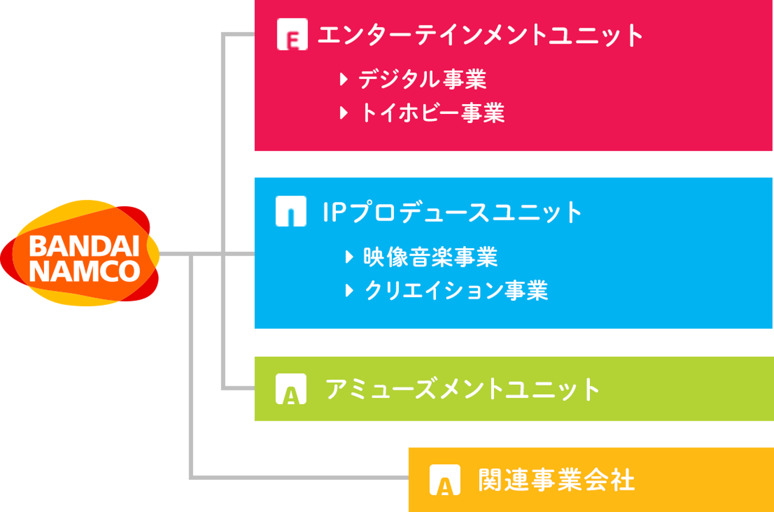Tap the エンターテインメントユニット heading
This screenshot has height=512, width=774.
point(480,35)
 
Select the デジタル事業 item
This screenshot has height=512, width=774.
point(422,80)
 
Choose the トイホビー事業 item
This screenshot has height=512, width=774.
point(432,113)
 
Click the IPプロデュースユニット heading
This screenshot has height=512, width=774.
point(451,212)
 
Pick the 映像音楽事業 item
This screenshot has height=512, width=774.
point(430,257)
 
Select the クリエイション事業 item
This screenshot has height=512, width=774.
point(456,291)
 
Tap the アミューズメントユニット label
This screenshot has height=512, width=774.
point(462,390)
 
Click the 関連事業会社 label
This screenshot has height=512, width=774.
point(556,480)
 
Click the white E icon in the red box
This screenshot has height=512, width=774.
point(292,34)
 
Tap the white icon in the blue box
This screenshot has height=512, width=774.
point(291,211)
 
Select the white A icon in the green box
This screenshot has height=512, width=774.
point(291,389)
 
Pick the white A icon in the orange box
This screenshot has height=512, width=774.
point(445,480)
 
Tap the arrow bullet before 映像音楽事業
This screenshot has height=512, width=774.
point(349,257)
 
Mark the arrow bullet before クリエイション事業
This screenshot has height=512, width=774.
point(349,291)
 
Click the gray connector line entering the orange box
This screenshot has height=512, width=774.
point(301,477)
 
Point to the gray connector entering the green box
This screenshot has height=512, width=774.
point(236,388)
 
